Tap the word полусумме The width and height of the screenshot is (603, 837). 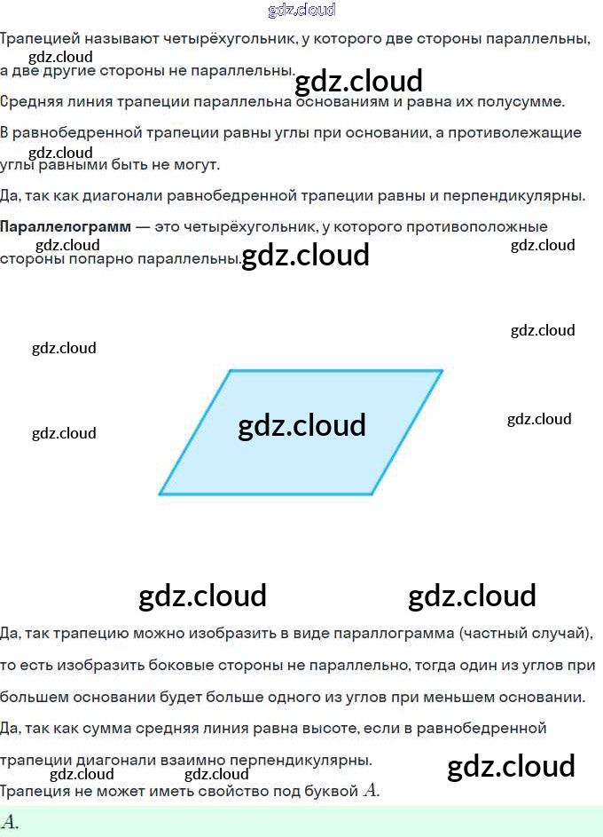click(x=532, y=101)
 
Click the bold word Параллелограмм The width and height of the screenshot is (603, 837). click(x=65, y=227)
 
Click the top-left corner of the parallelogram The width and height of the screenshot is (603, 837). click(x=231, y=371)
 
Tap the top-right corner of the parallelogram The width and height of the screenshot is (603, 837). click(x=442, y=371)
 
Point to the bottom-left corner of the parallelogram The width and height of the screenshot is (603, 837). click(x=161, y=494)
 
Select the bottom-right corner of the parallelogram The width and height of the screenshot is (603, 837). click(x=372, y=494)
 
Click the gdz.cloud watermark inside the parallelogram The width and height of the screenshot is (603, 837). click(x=301, y=425)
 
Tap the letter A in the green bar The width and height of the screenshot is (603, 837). click(x=10, y=822)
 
